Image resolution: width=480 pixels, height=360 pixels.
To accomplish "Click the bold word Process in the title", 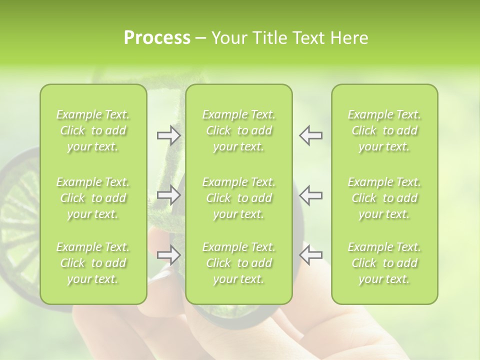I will [x=157, y=38].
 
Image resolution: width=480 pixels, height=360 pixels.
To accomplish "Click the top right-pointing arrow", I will [x=168, y=135].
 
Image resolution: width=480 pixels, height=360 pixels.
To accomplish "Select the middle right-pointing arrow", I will [x=168, y=195].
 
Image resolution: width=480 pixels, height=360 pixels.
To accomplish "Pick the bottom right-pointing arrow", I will [x=168, y=255].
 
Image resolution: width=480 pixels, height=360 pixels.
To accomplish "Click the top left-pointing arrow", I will [x=310, y=135].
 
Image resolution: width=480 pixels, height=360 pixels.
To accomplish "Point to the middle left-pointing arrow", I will [x=310, y=195].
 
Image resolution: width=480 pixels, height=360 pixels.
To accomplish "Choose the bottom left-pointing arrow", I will [x=310, y=255].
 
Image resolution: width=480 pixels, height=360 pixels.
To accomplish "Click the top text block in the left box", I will [x=93, y=130].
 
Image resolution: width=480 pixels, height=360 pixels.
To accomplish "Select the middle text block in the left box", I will [x=93, y=198].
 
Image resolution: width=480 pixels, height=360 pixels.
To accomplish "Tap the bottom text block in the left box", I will [x=93, y=263].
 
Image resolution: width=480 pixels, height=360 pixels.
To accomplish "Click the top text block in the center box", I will [x=239, y=130].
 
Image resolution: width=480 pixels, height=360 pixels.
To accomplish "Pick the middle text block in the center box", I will [x=239, y=198].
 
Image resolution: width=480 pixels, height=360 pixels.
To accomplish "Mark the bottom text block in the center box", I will [x=239, y=263].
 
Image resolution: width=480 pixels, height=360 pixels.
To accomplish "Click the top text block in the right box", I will [x=384, y=130].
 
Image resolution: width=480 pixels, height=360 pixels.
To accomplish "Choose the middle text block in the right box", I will [x=384, y=198].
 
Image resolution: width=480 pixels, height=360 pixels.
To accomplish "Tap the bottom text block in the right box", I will [x=384, y=263].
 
